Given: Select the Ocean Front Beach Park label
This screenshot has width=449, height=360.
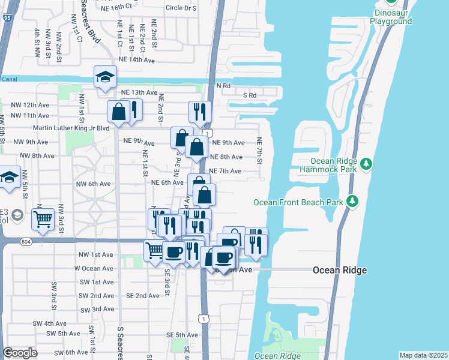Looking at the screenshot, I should coord(298,202).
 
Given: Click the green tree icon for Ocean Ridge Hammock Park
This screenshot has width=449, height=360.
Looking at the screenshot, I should coord(366,164).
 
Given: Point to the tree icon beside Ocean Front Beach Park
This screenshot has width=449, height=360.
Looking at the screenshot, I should coord(354,200).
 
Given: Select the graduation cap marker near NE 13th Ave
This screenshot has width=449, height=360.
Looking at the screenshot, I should coord(105,76).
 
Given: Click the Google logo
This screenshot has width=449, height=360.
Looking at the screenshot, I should coord(20,353).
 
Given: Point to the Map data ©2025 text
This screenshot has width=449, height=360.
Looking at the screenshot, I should coord(423,355).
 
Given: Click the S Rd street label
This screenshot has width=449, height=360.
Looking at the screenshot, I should coord(250,95).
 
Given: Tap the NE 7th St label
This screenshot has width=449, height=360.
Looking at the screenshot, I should coord(260,151).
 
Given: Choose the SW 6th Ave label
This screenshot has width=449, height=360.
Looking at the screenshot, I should coord(71,352).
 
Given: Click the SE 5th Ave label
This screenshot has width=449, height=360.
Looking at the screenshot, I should coord(183,335).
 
